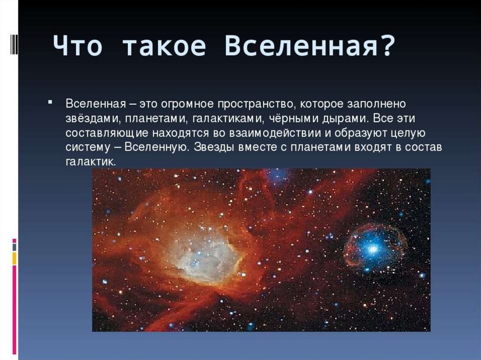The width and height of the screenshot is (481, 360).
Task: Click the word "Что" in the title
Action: pyautogui.click(x=78, y=46)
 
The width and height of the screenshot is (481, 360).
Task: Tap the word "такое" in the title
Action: pyautogui.click(x=164, y=46)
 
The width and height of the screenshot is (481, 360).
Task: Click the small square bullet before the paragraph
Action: pyautogui.click(x=50, y=101)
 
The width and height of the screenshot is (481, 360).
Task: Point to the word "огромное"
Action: pyautogui.click(x=187, y=104)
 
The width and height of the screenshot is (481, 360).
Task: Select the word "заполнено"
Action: pyautogui.click(x=376, y=104)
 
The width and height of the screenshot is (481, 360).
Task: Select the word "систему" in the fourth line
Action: pyautogui.click(x=88, y=147)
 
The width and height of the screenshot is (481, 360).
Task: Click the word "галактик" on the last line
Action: pyautogui.click(x=91, y=162)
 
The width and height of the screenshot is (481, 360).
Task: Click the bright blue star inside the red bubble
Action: pyautogui.click(x=373, y=249)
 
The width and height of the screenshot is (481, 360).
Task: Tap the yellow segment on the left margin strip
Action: pyautogui.click(x=14, y=258)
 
